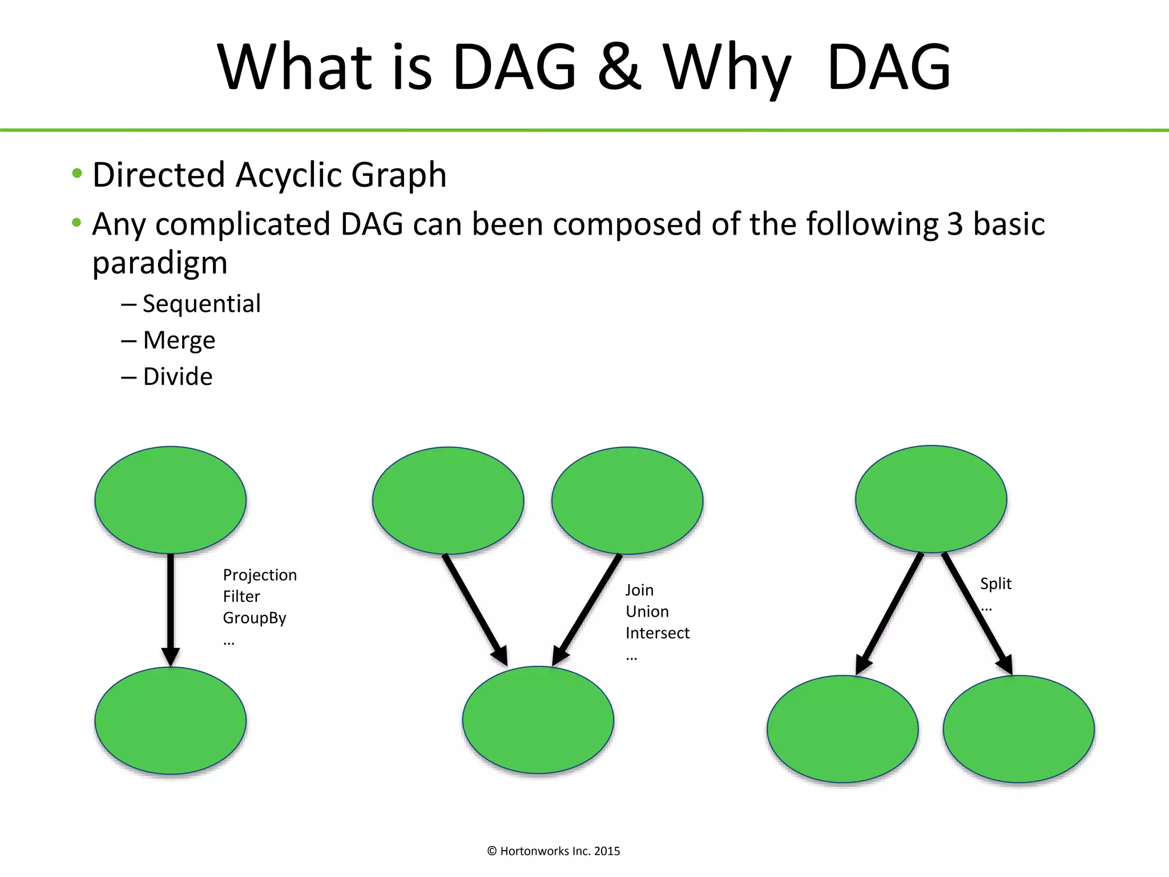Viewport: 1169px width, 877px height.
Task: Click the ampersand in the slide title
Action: tap(619, 67)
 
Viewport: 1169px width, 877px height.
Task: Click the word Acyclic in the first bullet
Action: tap(290, 175)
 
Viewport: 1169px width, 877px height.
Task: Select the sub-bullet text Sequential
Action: tap(201, 304)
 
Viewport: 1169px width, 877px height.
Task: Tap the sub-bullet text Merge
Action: tap(179, 340)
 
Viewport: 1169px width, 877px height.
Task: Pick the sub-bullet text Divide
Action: tap(178, 377)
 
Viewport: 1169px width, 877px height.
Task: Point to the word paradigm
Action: tap(160, 263)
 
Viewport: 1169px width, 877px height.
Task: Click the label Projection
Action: tap(260, 575)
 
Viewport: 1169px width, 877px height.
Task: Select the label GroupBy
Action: tap(255, 618)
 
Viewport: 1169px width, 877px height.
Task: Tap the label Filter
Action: tap(241, 597)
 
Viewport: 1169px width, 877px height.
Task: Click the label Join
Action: tap(639, 590)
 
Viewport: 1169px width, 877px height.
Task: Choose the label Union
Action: tap(647, 612)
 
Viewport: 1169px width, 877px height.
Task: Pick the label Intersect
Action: tap(657, 633)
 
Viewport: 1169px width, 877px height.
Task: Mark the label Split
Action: tap(995, 584)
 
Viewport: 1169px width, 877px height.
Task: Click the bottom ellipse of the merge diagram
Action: tap(538, 720)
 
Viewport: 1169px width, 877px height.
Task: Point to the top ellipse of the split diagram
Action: tap(931, 499)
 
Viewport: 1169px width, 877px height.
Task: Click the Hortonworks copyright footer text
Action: tap(553, 851)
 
